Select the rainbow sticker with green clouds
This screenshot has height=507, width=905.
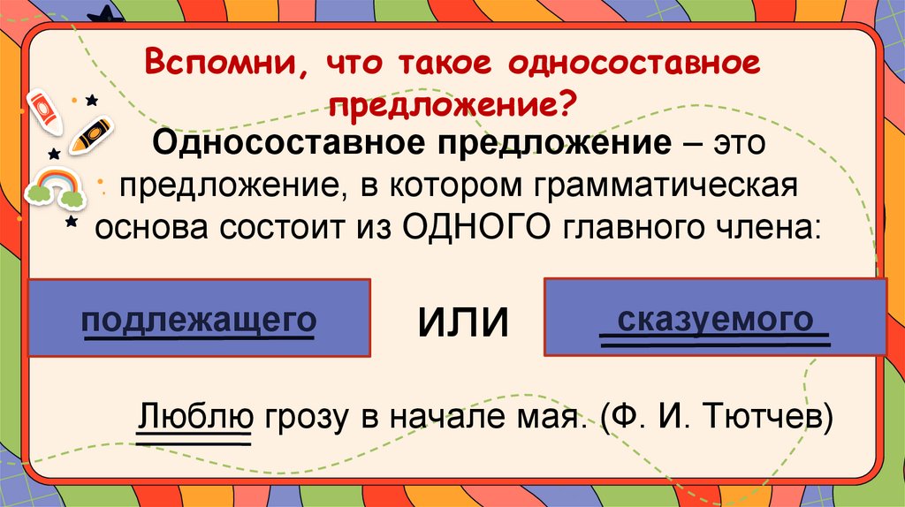point(55,185)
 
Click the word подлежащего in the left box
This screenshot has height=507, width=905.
point(199,320)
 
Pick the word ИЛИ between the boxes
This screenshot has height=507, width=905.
point(463,322)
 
